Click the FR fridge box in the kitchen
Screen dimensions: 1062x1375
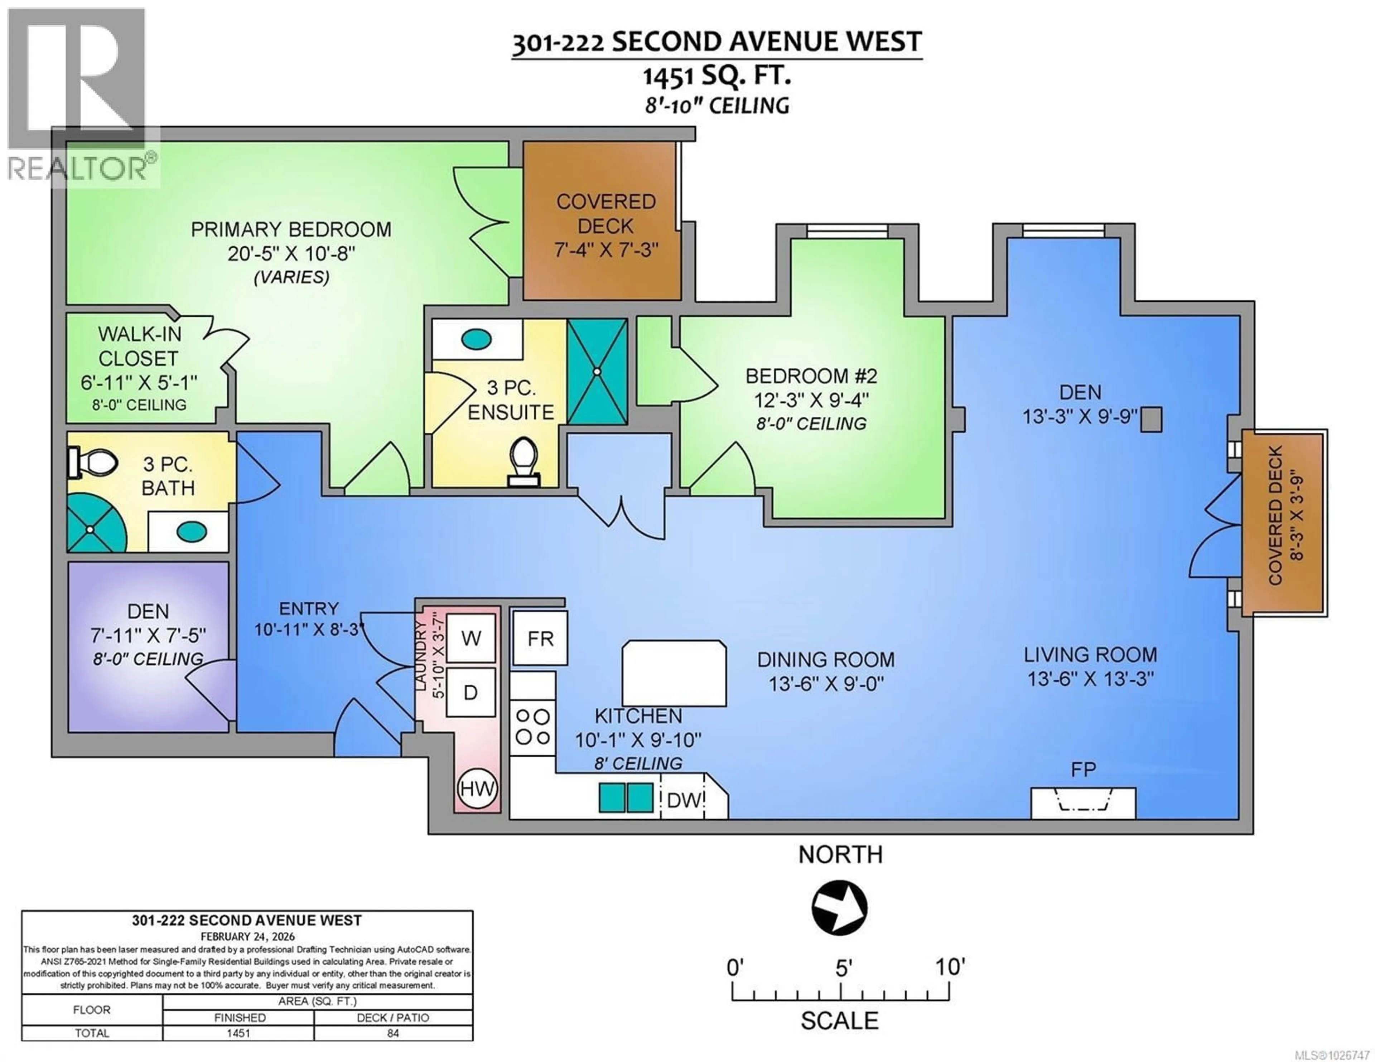point(540,638)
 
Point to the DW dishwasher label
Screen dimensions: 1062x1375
point(684,800)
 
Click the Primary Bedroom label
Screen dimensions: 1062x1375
point(291,229)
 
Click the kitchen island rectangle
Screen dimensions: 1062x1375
point(674,673)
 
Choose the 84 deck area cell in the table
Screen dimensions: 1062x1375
point(393,1033)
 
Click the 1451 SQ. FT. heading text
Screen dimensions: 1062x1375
point(717,76)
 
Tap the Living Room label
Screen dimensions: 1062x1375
point(1090,655)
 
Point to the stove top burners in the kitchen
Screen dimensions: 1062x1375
point(532,727)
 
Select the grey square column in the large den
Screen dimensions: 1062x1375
point(1152,419)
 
